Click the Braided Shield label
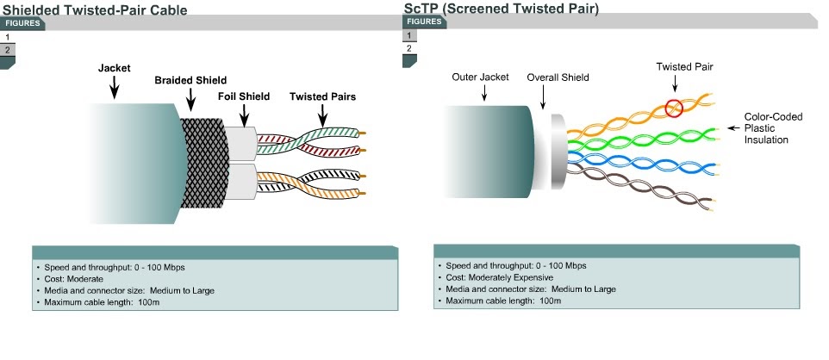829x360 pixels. click(x=190, y=80)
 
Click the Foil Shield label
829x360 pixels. click(x=244, y=96)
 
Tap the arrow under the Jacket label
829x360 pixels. click(x=114, y=87)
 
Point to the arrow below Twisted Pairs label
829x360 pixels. click(x=322, y=115)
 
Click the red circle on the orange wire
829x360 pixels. click(x=674, y=109)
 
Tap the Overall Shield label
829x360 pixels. click(x=558, y=78)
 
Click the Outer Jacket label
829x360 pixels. click(x=480, y=78)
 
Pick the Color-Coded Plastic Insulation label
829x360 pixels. click(x=773, y=128)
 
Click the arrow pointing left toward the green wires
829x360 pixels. click(x=732, y=128)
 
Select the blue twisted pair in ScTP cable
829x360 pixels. click(x=642, y=162)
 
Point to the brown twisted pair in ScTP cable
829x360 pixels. click(x=641, y=188)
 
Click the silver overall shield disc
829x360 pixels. click(x=558, y=152)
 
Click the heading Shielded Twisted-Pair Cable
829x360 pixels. click(x=95, y=9)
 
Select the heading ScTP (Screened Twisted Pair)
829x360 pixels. click(x=502, y=9)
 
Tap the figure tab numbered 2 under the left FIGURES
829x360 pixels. click(x=8, y=50)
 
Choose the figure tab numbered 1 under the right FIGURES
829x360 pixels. click(x=409, y=36)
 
